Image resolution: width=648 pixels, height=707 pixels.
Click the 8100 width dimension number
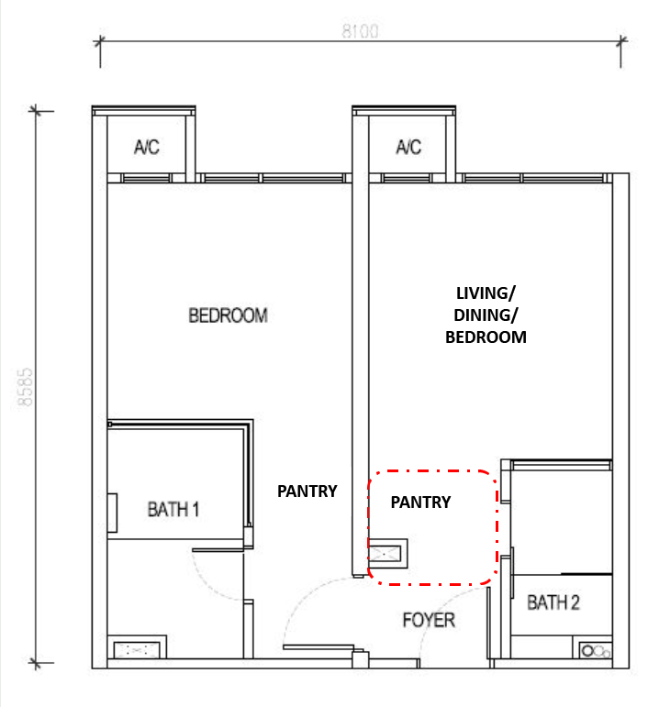click(x=360, y=31)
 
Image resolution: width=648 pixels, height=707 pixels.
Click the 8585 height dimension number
click(x=26, y=387)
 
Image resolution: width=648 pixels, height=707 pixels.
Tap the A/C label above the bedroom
click(x=147, y=147)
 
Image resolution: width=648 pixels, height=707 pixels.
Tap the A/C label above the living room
click(x=408, y=147)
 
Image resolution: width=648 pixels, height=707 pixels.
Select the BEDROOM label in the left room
click(x=228, y=315)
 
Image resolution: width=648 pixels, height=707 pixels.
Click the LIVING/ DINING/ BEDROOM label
click(x=486, y=315)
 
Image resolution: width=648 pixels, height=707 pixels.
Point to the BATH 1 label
click(x=173, y=510)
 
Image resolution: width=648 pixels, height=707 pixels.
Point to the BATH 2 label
click(x=553, y=602)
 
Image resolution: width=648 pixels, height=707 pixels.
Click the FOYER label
click(x=429, y=620)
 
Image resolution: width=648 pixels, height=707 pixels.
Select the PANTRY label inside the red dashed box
click(x=420, y=502)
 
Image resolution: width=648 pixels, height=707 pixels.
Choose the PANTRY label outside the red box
click(x=307, y=491)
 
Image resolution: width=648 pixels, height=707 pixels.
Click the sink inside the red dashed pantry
click(x=388, y=553)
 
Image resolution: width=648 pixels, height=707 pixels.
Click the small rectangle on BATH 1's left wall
click(x=112, y=513)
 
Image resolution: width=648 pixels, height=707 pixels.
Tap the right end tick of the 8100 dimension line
click(x=621, y=41)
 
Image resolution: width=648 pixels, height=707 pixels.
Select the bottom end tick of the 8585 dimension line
click(x=36, y=663)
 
